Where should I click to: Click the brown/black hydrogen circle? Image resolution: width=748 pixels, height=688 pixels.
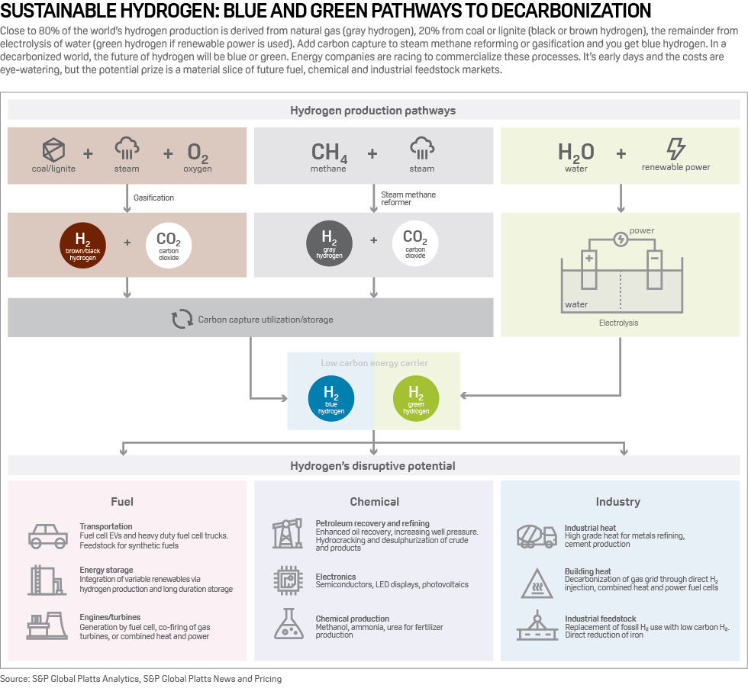83,245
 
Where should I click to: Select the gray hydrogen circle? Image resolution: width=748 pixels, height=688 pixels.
329,245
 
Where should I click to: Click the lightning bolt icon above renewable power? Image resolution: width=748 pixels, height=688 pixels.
675,149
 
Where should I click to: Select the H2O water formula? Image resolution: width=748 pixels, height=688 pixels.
576,153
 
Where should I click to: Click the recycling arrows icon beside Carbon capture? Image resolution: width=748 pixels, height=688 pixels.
182,319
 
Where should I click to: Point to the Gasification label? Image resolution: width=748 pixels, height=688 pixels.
153,198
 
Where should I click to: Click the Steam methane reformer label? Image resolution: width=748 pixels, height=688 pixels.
408,198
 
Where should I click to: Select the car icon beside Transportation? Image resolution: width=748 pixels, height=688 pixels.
48,535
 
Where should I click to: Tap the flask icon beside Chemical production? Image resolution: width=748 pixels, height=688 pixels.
289,623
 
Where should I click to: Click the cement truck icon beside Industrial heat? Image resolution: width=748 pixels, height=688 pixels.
537,535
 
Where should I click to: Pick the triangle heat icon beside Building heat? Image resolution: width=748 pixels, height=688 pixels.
537,582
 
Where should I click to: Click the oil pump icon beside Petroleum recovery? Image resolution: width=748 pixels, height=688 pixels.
287,533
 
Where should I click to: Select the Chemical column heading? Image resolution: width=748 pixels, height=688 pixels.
374,501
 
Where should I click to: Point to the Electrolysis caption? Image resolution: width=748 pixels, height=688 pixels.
618,323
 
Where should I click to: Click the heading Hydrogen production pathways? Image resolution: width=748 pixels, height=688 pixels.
372,111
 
